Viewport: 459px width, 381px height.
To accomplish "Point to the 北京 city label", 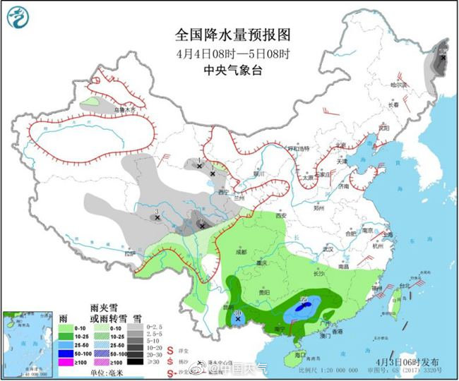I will click(341, 146).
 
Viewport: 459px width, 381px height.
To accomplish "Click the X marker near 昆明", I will click(239, 319).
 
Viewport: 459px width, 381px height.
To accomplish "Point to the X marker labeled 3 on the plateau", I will click(157, 217).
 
